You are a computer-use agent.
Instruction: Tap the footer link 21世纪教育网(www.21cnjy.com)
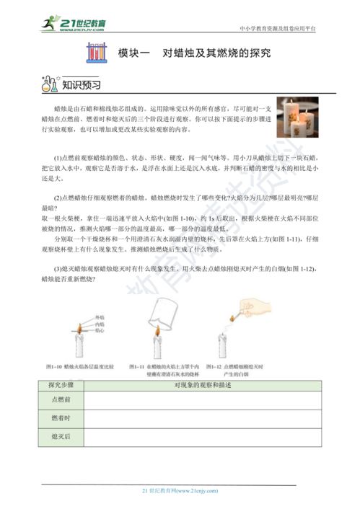click(180, 490)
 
